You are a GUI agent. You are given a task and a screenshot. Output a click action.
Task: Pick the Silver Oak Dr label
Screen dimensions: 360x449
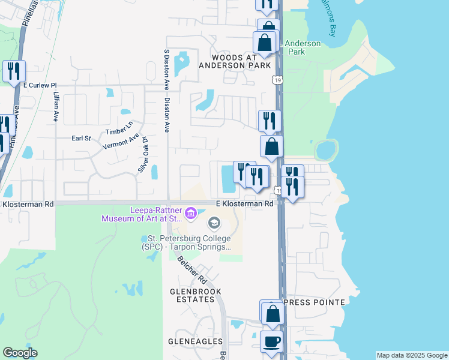[143, 154]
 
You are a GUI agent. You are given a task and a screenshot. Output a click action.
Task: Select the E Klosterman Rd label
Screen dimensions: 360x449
[245, 204]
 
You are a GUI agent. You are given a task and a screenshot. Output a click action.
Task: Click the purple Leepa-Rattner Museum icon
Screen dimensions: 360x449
[191, 213]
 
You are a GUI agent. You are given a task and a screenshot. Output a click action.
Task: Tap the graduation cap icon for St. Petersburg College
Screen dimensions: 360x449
[213, 224]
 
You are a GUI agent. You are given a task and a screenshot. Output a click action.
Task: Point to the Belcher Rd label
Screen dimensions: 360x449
[192, 270]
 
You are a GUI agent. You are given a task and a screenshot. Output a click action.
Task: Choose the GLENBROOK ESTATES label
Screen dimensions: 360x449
[196, 295]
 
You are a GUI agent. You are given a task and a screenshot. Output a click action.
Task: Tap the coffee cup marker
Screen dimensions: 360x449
[271, 343]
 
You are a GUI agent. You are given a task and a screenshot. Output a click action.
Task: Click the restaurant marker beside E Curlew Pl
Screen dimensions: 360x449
[13, 71]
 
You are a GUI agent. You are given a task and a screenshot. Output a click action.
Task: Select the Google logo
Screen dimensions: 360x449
[20, 353]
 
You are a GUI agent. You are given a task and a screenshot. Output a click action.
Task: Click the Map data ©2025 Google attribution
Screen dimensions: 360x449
[412, 355]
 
